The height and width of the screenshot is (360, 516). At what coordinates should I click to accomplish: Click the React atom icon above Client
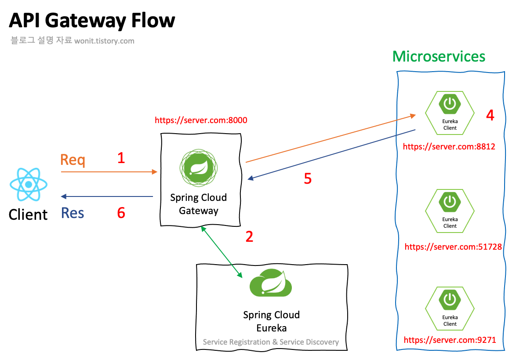pos(29,184)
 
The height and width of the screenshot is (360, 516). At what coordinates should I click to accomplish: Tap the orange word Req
pos(73,160)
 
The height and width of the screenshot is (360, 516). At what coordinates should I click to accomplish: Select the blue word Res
pos(73,213)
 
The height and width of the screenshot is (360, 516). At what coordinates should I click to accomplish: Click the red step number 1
pos(121,158)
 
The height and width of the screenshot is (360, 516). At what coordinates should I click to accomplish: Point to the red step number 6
pos(121,213)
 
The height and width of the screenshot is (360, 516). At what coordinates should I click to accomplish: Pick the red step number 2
pos(249,236)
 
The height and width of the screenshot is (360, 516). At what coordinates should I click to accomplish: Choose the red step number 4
pos(490,115)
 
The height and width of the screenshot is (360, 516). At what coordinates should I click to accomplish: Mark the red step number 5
pos(308,178)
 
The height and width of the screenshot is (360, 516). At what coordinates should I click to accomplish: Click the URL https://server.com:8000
pos(201,120)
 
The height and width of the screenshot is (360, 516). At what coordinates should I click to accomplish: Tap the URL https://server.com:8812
pos(449,146)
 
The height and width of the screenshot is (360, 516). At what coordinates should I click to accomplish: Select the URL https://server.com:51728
pos(453,247)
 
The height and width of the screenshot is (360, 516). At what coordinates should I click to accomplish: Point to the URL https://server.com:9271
pos(450,340)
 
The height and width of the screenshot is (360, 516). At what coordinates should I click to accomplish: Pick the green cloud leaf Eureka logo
pos(271,284)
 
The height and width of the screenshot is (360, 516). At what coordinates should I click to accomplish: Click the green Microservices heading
pos(439,57)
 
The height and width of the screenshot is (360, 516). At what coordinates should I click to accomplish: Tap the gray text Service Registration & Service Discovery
pos(271,342)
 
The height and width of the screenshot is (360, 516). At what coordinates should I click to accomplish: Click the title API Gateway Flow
pos(92,21)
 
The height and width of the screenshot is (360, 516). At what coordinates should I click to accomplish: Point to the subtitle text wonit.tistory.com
pos(104,41)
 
